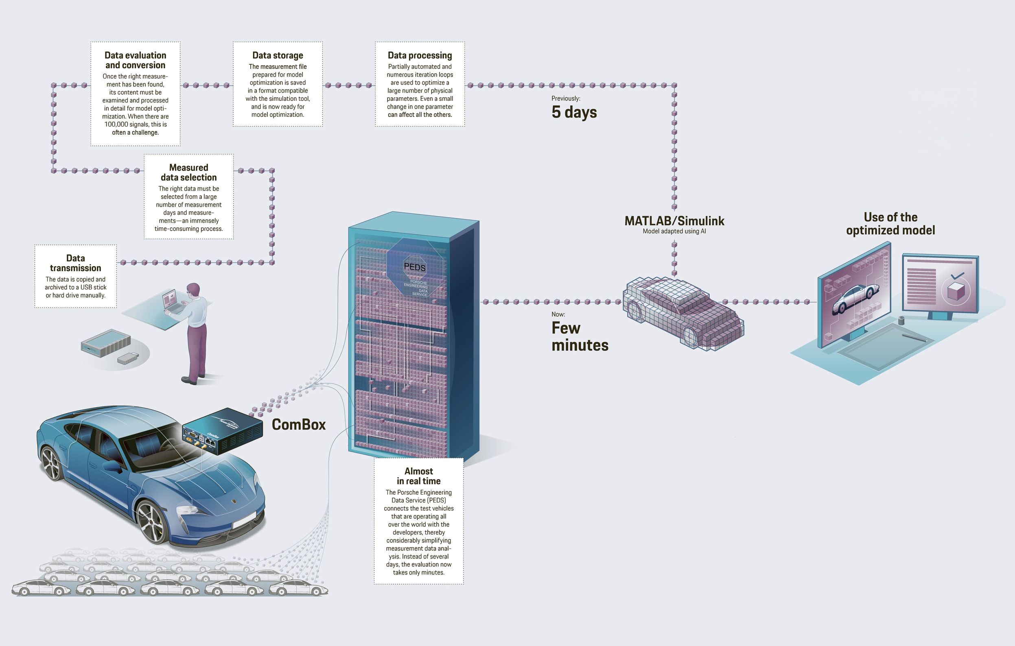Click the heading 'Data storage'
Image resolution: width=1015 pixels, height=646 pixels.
278,55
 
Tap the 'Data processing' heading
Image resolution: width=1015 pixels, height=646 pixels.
420,55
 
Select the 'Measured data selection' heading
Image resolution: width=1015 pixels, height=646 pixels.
188,172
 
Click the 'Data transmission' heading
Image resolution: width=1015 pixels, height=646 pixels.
75,263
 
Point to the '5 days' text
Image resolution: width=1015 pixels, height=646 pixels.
574,112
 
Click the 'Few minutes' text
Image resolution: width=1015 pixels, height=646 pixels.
580,336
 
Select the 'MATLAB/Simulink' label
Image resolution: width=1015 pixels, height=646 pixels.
674,221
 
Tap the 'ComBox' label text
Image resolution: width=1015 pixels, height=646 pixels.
298,424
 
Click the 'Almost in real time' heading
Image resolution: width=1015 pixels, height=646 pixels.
418,476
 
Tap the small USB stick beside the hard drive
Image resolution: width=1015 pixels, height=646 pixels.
127,358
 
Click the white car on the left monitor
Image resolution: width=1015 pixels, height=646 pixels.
855,298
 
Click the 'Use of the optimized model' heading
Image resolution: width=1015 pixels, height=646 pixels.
890,224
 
